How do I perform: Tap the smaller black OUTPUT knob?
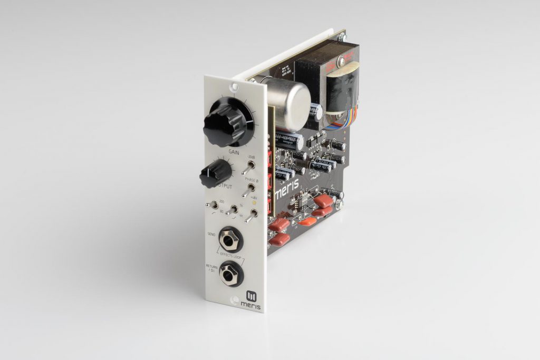[215, 173]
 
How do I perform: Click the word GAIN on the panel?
[235, 152]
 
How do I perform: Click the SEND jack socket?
[230, 240]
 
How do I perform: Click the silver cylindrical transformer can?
[289, 105]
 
